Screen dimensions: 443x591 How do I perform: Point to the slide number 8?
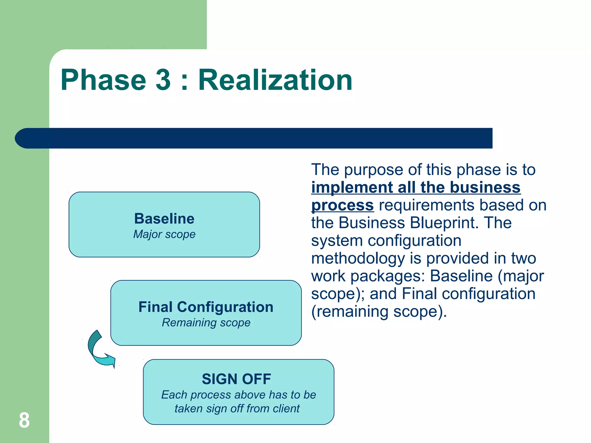24,420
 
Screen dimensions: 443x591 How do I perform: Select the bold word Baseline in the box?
164,219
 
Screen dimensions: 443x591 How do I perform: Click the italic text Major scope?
164,234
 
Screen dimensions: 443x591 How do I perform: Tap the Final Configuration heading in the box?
206,307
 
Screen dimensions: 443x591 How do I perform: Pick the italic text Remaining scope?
206,322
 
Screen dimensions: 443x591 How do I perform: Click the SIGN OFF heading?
236,379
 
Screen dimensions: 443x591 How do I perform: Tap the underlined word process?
343,205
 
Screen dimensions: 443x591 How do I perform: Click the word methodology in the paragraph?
358,258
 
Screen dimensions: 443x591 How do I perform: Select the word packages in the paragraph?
388,276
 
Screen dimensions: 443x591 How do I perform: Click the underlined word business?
485,187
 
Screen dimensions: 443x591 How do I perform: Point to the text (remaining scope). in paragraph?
379,311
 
